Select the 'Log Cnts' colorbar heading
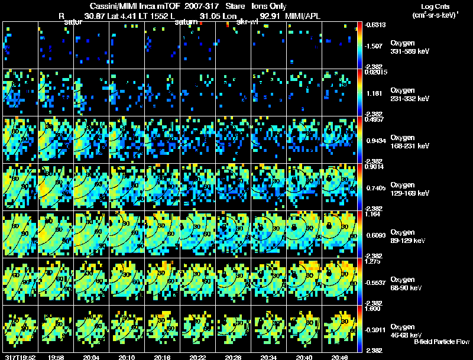[435, 6]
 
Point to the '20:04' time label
[91, 357]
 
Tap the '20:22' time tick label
[197, 357]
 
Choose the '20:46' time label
[339, 357]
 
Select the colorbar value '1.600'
[374, 309]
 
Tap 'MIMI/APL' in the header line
[303, 16]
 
